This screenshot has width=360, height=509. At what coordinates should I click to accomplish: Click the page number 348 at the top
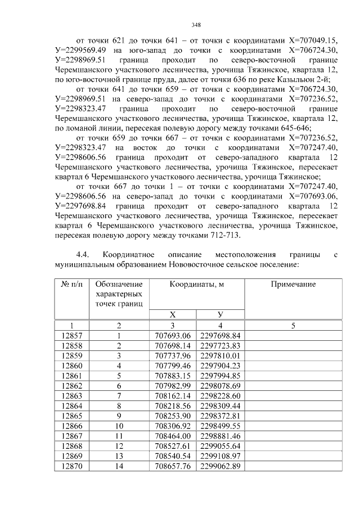196,25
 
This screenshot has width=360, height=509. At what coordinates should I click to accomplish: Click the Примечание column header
293,285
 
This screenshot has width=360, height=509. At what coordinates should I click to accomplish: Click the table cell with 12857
71,336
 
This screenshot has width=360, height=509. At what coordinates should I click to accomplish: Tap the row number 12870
71,466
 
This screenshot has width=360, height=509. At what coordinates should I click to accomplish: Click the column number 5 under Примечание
293,325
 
